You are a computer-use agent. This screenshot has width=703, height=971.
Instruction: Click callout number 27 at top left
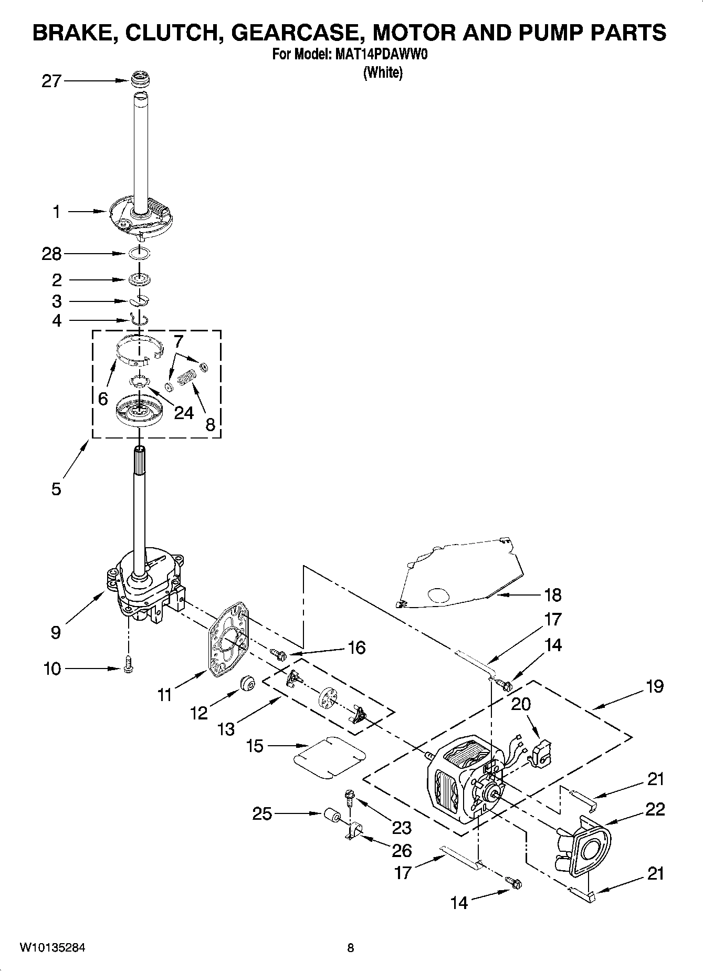(51, 81)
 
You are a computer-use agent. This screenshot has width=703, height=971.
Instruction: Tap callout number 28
(51, 254)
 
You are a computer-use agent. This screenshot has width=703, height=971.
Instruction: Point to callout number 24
(184, 413)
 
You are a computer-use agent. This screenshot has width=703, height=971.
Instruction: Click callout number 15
(255, 746)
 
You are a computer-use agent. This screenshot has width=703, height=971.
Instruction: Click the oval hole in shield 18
(438, 594)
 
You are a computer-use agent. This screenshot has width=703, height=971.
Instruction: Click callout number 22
(655, 809)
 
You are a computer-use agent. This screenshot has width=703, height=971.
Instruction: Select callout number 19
(655, 686)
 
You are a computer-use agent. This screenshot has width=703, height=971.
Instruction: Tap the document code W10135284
(53, 947)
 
